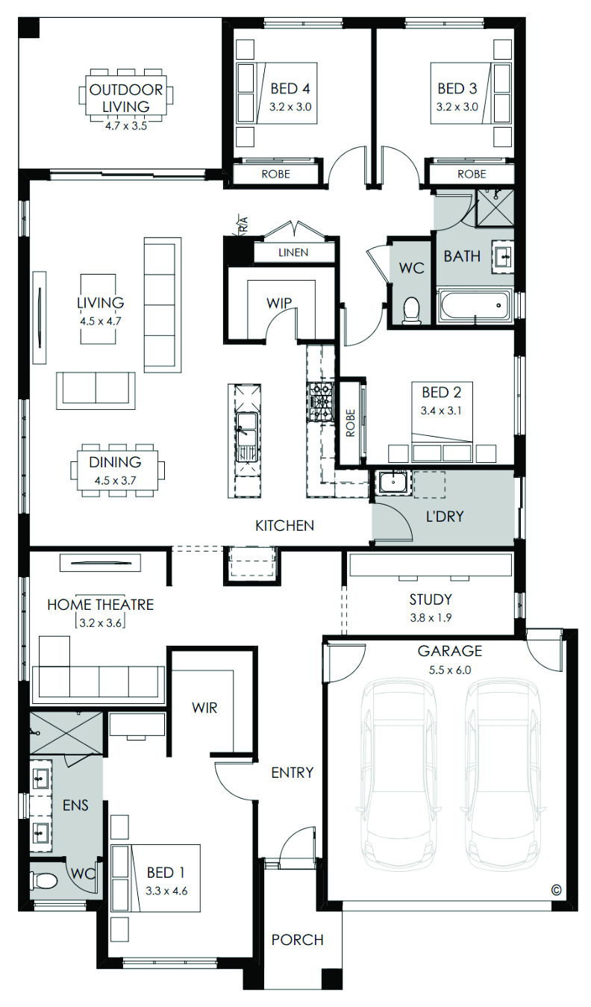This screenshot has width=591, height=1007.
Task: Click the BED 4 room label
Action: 290,89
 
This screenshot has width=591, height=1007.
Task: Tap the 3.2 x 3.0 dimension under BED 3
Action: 457,107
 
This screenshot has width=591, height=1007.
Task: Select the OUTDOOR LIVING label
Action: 126,98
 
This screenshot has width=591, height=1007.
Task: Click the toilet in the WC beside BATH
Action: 411,310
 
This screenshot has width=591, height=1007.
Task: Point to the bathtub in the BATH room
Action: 475,306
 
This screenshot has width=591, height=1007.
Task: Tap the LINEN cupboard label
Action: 293,252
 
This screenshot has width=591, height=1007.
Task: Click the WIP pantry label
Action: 279,303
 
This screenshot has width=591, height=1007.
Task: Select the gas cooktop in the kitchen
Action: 320,402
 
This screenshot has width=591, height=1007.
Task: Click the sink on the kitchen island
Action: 246,436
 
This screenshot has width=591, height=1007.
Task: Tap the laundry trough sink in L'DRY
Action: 393,482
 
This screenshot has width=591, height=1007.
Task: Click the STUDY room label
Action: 431,599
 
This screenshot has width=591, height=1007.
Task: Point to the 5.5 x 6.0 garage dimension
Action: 450,670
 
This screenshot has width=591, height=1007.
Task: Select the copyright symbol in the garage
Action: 557,890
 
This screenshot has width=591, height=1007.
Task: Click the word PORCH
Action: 298,940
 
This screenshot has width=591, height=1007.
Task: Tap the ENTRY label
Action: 292,773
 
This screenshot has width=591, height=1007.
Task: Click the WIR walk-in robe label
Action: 204,708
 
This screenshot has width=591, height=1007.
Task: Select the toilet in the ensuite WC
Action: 43,880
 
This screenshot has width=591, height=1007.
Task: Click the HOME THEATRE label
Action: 101,605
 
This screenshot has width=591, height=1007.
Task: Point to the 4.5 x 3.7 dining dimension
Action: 116,481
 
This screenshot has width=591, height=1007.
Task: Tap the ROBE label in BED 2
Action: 351,423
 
